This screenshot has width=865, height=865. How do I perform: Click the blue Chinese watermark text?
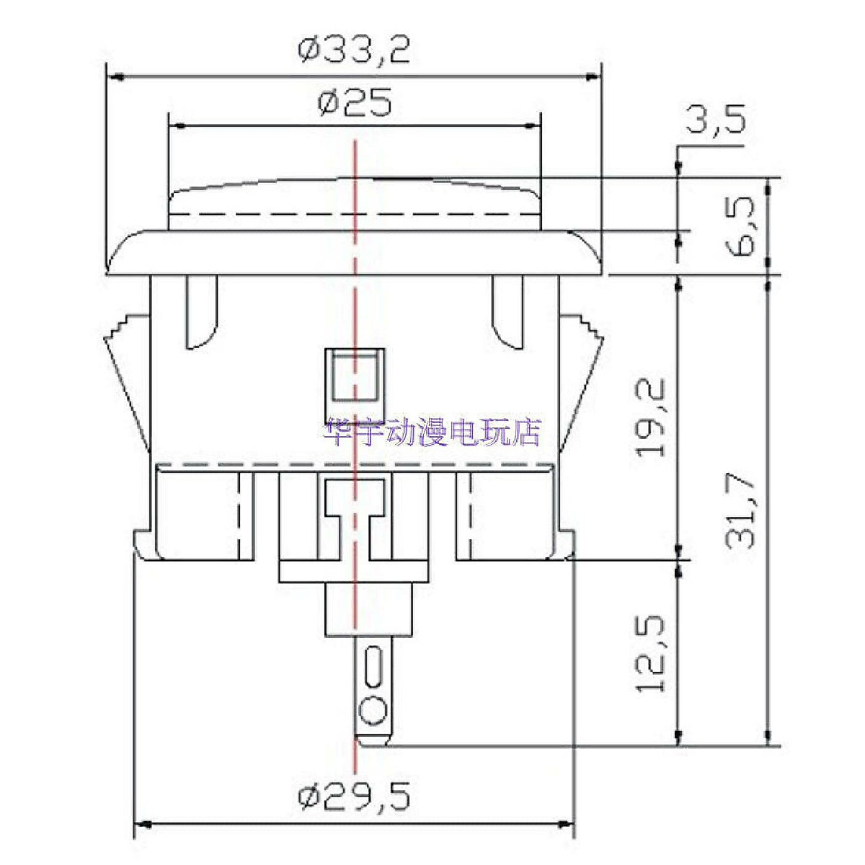(x=434, y=432)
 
